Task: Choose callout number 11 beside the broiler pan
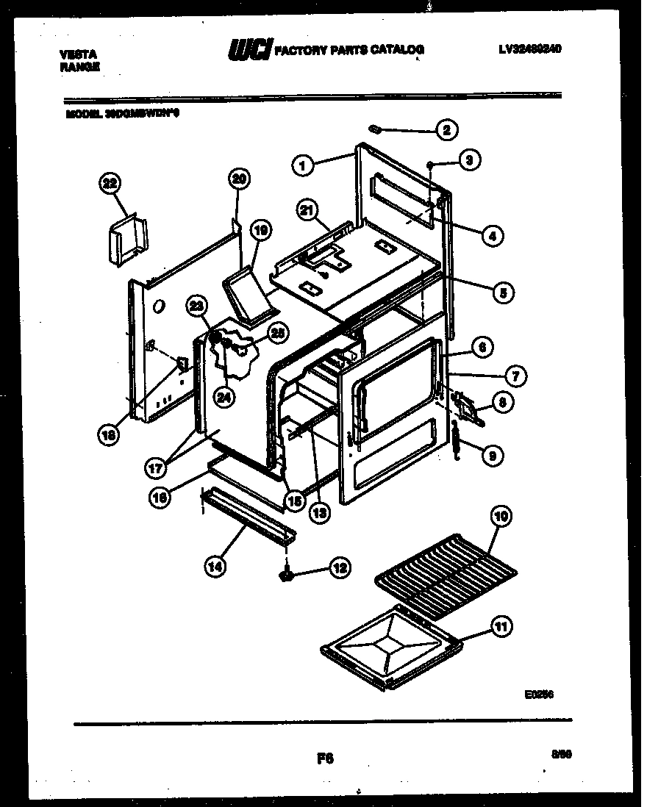click(501, 628)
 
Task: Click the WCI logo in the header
click(249, 50)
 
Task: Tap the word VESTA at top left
click(73, 54)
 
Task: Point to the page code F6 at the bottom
click(323, 758)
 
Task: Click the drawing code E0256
click(539, 692)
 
